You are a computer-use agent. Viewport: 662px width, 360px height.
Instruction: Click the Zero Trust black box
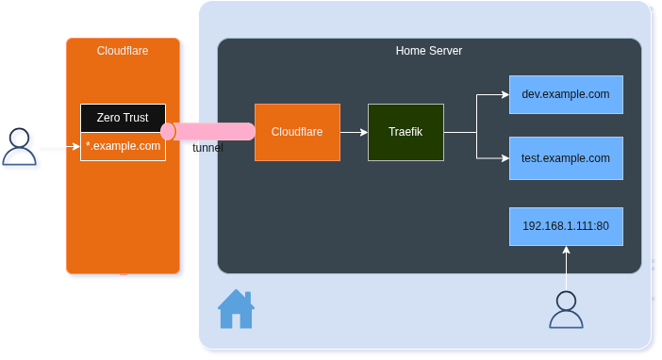(123, 118)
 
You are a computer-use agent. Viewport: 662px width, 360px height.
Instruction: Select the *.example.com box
(123, 147)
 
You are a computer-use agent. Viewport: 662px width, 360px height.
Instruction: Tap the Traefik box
(405, 132)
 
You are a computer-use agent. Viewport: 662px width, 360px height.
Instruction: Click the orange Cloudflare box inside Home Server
(297, 132)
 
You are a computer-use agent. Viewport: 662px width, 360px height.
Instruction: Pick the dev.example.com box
(566, 95)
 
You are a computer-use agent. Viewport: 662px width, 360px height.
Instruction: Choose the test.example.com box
(566, 158)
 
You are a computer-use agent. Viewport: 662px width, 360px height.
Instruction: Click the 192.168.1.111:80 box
(566, 226)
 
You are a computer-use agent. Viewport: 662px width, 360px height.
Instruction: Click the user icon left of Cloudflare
(21, 147)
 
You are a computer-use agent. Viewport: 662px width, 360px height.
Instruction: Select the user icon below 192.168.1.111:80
(566, 310)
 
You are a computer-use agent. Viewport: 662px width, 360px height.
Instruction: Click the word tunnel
(207, 149)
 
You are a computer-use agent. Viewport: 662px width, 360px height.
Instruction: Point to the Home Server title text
(428, 50)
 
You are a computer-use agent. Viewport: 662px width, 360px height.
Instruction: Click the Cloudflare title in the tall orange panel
(123, 51)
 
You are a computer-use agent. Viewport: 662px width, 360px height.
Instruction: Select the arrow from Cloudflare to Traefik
(354, 132)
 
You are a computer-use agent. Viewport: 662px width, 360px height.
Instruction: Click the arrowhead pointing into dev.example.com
(504, 95)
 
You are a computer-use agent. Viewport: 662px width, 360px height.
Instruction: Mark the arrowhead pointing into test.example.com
(504, 158)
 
